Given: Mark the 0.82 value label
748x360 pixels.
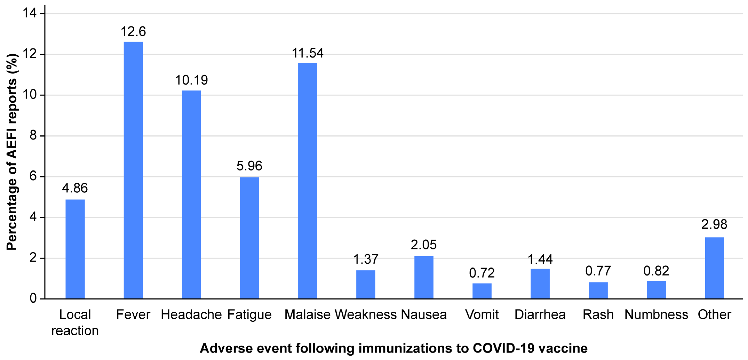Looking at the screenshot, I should (656, 271).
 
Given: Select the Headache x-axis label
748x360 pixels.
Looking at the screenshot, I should (191, 314).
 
